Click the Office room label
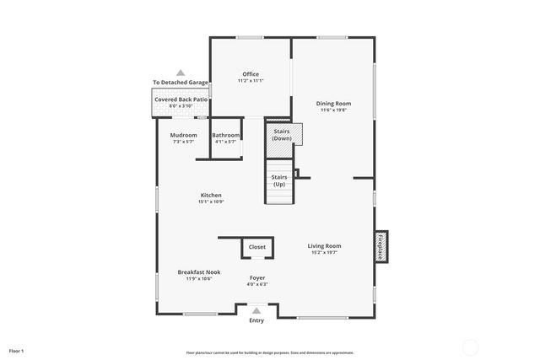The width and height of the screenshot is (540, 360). click(251, 74)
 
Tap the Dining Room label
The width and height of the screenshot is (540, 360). click(333, 104)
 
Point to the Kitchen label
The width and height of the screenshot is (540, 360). click(211, 196)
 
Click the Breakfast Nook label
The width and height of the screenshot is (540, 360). click(193, 272)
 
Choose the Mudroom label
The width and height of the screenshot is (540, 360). click(184, 136)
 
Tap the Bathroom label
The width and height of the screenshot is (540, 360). click(226, 136)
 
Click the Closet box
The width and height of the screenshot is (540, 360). click(257, 248)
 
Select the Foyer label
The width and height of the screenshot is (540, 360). click(257, 277)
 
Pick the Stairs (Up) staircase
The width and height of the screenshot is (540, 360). click(279, 181)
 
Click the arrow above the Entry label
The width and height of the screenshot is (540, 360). click(256, 310)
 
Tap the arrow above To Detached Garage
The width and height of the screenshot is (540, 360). click(181, 73)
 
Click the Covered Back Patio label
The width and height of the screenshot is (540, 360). click(181, 99)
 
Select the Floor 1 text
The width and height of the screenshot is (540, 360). click(17, 350)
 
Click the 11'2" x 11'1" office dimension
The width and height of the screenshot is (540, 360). click(251, 81)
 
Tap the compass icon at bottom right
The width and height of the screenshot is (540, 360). click(470, 346)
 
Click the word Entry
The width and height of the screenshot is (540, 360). click(256, 320)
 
